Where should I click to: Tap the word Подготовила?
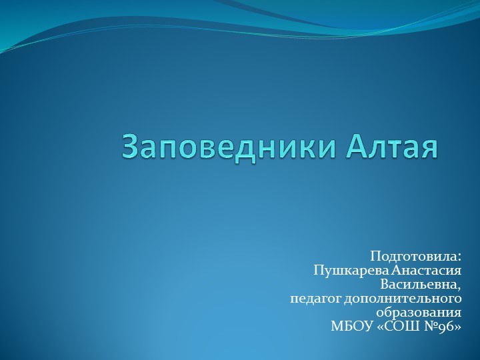click(413, 257)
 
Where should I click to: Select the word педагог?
click(315, 299)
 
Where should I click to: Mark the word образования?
click(419, 313)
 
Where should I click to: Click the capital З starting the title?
click(131, 147)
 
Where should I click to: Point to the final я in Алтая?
click(429, 148)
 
